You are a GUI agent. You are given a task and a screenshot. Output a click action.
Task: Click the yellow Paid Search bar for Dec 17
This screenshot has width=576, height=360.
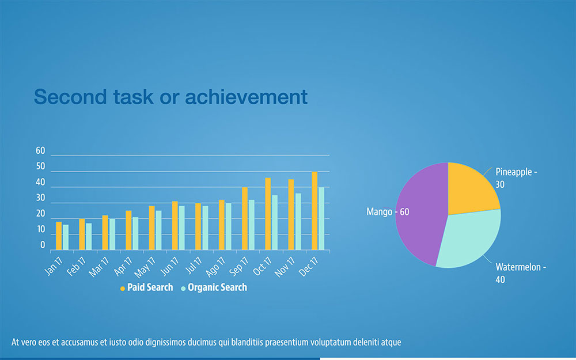click(314, 211)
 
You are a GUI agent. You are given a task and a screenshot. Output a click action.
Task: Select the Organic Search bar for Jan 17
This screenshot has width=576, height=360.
click(66, 237)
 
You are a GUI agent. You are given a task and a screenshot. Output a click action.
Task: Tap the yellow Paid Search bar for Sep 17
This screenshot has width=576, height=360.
click(245, 219)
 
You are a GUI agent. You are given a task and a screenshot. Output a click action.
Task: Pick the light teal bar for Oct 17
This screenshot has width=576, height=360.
click(275, 222)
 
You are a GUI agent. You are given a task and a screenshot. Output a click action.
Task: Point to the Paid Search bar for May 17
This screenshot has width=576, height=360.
click(151, 228)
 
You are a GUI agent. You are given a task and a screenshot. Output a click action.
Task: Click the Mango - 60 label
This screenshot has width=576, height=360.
click(388, 212)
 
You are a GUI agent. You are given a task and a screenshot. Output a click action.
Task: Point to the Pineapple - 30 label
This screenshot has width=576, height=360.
click(516, 177)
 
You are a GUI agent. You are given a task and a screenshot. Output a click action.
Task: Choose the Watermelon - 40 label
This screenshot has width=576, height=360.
click(520, 273)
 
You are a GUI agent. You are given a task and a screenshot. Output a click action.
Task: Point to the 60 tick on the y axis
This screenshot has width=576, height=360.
click(40, 151)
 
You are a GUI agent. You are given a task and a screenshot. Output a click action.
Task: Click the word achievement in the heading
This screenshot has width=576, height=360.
click(246, 97)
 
